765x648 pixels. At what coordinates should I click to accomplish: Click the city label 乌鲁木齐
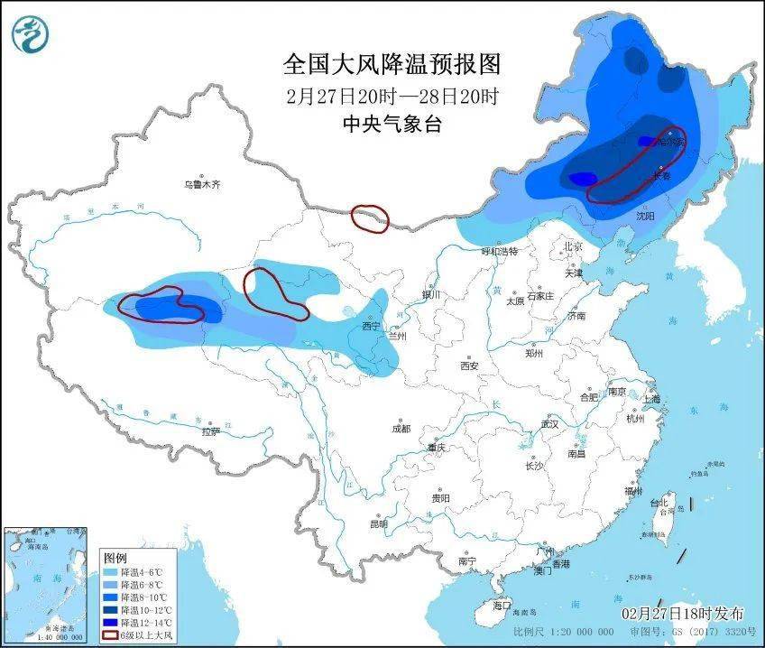202,184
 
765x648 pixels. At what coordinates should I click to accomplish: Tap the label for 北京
574,245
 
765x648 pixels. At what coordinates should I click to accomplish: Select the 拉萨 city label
210,431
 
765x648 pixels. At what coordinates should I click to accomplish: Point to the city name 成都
401,428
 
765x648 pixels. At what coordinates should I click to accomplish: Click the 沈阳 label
645,216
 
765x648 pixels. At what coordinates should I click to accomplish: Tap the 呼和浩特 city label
499,252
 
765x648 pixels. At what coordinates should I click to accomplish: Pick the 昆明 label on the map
378,523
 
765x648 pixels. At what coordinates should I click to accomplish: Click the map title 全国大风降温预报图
392,64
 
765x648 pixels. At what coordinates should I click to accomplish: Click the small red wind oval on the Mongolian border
369,218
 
